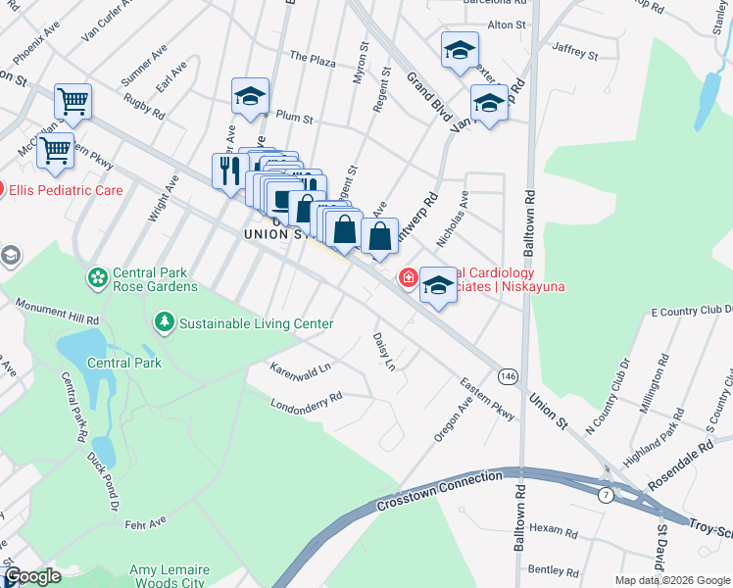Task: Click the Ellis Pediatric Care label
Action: click(67, 190)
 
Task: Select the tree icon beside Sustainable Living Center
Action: click(165, 322)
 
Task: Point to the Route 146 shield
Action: click(508, 377)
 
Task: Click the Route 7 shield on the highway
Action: click(607, 495)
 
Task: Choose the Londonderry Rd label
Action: click(307, 401)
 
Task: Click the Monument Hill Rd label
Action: click(58, 313)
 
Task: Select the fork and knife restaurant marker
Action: click(230, 171)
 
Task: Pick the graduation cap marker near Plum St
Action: click(251, 96)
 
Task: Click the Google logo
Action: click(32, 576)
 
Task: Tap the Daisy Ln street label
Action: click(383, 351)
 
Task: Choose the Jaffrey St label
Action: click(574, 49)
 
